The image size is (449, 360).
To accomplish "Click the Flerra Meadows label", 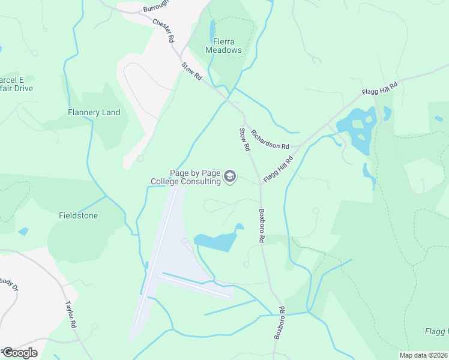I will point(223,46).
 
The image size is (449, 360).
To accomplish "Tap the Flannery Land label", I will point(94,112).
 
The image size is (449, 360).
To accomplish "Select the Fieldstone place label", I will point(78,215).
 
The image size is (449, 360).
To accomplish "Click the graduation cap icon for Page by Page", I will point(229,176).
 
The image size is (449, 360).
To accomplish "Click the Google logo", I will point(19,353).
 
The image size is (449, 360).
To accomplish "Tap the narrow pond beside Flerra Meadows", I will point(212,29).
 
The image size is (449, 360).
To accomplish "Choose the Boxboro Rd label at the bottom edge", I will point(279,324).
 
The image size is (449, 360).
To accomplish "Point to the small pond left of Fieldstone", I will point(23,231).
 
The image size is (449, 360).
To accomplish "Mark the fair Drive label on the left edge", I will point(16,88).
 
